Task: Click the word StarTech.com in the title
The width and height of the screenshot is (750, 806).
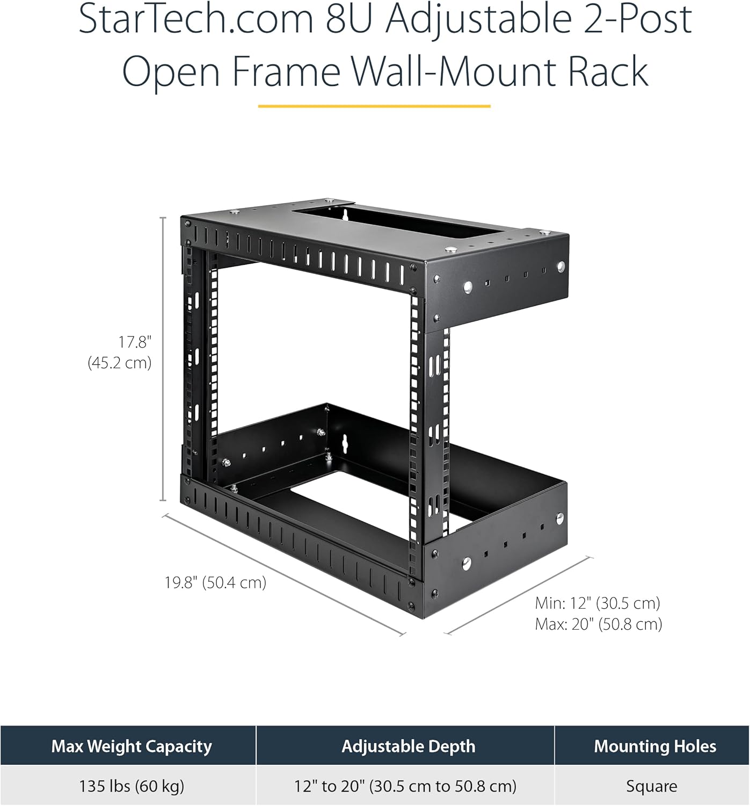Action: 195,19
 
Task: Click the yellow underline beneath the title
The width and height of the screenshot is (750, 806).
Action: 374,106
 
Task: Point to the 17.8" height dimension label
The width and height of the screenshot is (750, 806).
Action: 135,342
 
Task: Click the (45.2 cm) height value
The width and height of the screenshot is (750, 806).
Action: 120,362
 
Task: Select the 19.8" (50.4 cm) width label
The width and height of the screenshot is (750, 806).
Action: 215,582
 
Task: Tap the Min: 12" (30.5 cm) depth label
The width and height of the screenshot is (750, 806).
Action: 598,603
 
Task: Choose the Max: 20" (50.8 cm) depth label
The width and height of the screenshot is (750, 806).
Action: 599,624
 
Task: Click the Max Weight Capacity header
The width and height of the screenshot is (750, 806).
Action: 132,746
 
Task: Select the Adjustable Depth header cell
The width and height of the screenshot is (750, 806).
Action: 408,746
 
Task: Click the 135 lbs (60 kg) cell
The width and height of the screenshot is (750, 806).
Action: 132,786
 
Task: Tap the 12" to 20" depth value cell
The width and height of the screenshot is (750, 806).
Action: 405,786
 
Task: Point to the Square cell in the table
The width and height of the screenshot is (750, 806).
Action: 652,787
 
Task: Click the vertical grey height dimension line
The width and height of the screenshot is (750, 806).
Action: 163,359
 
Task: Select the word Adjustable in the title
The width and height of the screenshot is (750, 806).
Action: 479,19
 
